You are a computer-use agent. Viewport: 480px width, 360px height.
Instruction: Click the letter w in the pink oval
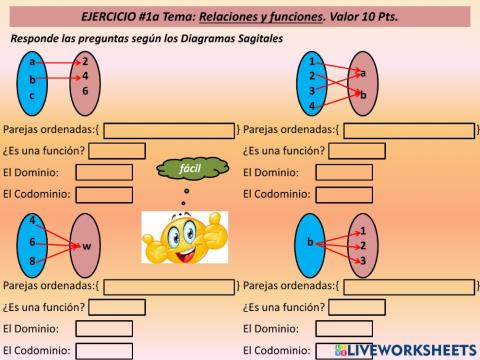86,245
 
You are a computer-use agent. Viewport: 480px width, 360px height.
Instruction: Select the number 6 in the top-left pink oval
85,90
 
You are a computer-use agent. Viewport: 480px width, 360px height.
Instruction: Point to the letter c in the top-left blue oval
32,95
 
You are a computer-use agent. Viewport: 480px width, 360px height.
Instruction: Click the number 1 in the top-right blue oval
312,61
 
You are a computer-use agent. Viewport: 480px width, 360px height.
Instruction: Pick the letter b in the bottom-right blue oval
310,243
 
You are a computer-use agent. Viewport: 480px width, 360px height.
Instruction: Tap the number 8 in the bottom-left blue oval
32,261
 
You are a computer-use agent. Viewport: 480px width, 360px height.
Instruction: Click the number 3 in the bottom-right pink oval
362,261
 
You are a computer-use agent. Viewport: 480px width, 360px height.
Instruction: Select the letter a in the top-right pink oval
362,73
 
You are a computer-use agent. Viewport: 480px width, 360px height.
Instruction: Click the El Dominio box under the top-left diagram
103,172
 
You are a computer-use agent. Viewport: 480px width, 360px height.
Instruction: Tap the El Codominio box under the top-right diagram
345,193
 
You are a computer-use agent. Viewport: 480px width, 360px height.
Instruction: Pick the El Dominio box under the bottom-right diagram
345,328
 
